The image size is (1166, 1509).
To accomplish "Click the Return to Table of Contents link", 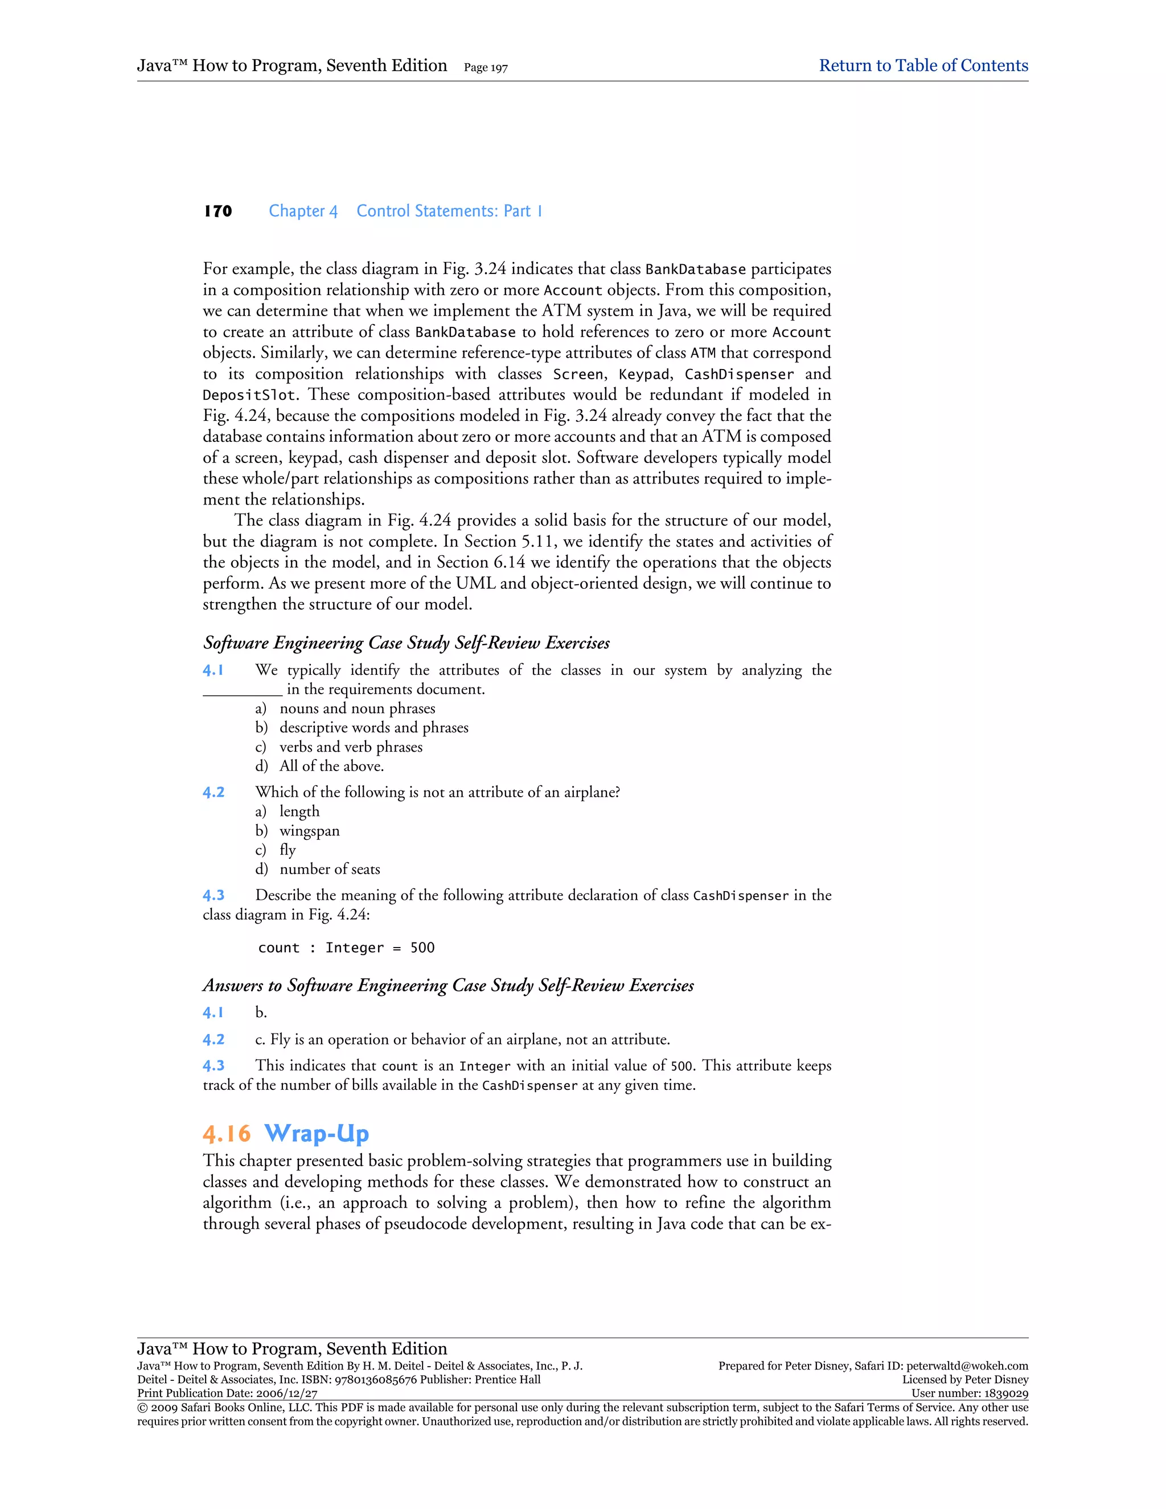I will point(923,65).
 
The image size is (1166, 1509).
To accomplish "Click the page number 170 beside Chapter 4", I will point(217,211).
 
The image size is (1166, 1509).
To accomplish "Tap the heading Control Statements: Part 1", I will point(449,211).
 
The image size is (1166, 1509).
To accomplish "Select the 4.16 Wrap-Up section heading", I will point(286,1134).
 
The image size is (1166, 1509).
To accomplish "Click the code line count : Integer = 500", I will point(346,948).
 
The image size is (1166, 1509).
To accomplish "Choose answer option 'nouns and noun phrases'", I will point(357,708).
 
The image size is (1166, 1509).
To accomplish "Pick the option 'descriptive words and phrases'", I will point(373,728).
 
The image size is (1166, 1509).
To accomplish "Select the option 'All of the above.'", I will point(331,766).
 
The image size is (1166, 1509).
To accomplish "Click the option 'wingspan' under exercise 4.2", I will point(310,831).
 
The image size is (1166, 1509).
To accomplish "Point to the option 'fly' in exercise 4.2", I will point(288,851).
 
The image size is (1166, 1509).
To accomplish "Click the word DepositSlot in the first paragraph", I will point(249,395).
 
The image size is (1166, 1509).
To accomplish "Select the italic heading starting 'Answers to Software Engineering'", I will point(448,986).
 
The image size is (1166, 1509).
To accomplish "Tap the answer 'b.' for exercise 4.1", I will point(260,1013).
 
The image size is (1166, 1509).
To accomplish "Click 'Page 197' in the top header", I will point(486,68).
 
